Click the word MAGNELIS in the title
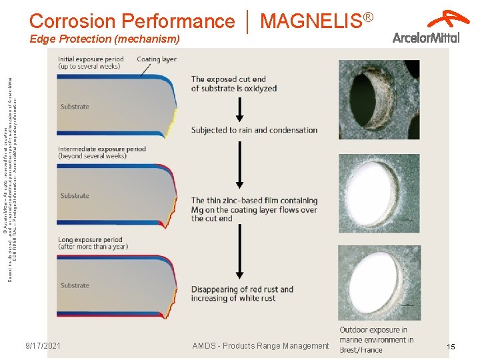tap(311, 21)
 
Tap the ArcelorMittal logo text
tap(426, 37)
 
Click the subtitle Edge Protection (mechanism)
tap(105, 40)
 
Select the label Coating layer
tap(157, 59)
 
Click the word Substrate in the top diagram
tap(75, 107)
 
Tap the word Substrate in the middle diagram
tap(75, 196)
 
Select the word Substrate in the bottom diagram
tap(75, 285)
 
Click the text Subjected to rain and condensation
tap(254, 130)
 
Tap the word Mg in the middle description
tap(197, 210)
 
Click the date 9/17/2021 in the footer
tap(43, 345)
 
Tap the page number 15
tap(451, 347)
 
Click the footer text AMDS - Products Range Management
tap(261, 345)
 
